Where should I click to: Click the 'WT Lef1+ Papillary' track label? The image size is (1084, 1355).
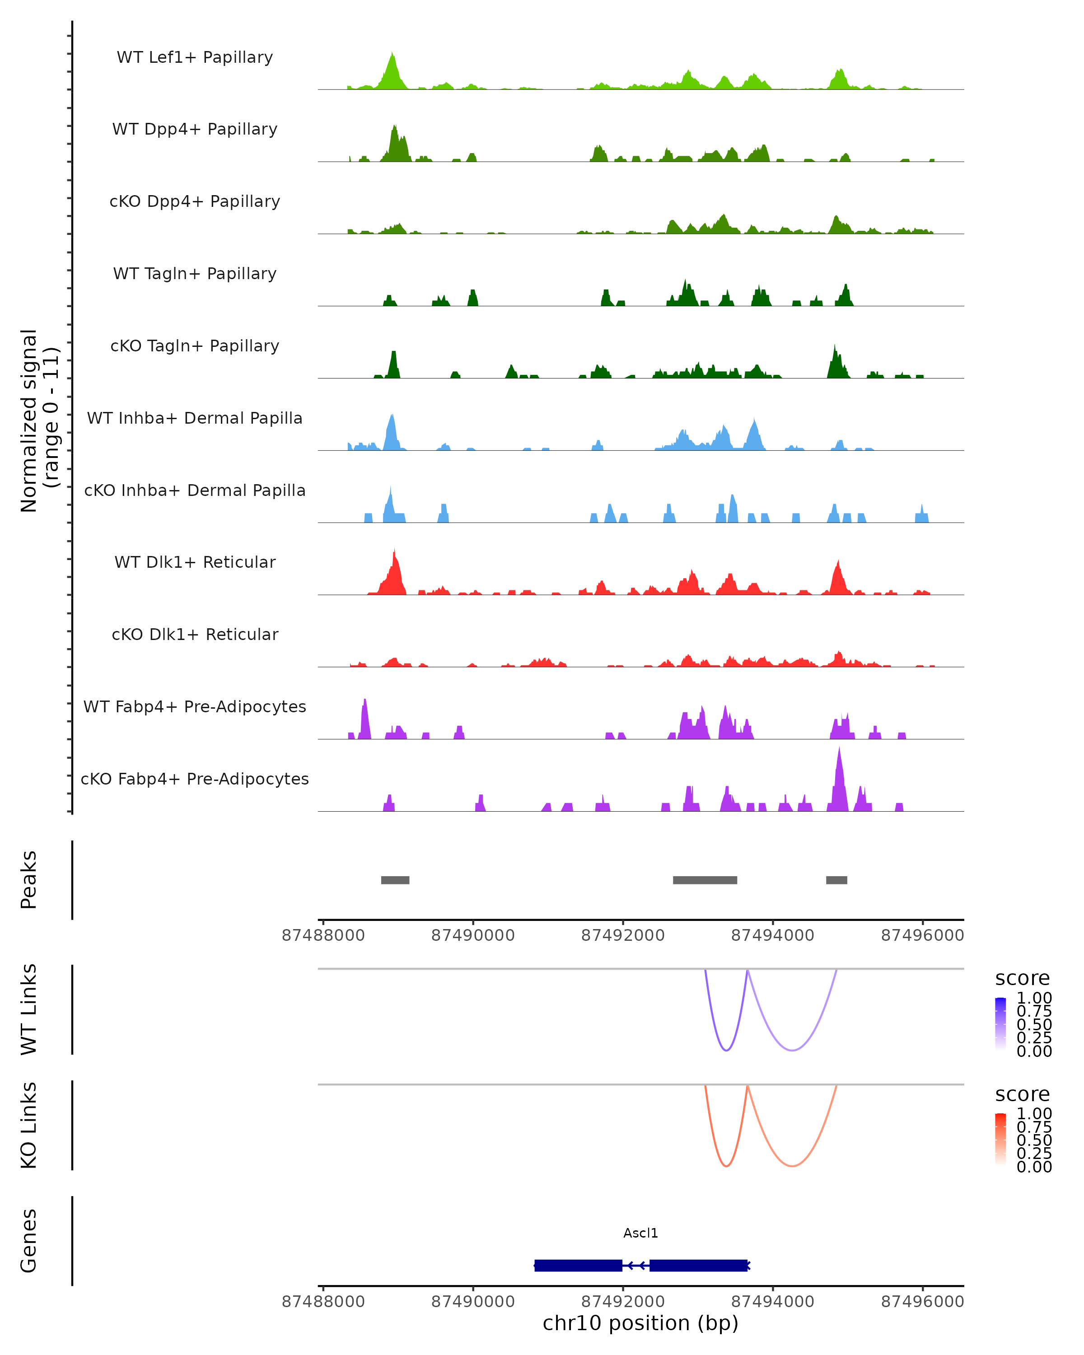[195, 57]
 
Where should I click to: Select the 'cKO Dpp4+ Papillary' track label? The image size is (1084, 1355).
[195, 201]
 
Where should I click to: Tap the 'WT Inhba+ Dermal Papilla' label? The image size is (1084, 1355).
[195, 418]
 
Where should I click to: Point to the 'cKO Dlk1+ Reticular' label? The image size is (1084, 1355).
[195, 634]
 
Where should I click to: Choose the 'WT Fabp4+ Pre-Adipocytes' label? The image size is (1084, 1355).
[195, 706]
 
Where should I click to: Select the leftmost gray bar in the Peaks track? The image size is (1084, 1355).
[395, 880]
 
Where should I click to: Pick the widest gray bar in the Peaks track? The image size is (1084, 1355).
[705, 880]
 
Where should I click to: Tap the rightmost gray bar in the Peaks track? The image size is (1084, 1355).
[836, 880]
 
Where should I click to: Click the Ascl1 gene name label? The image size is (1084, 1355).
[640, 1233]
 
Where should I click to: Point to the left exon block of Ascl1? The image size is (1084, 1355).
[578, 1265]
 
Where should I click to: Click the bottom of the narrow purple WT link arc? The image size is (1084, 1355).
[726, 1050]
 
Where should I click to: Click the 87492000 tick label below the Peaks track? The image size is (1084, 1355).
[623, 935]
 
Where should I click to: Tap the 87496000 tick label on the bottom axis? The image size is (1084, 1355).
[922, 1302]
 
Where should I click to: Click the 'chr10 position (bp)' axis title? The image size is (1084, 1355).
[640, 1323]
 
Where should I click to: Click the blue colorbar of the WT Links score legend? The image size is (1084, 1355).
[1000, 1023]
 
